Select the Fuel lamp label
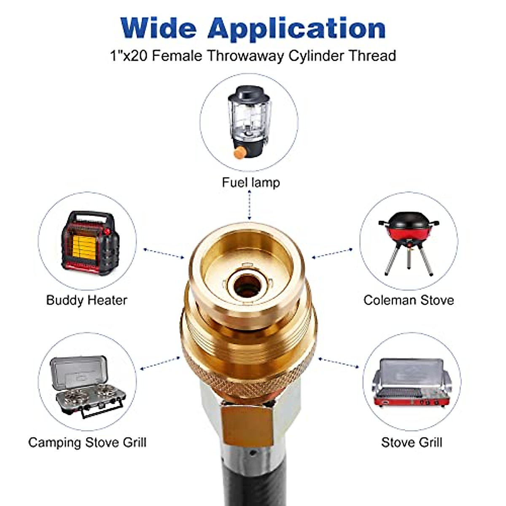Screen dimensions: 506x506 tap(251, 182)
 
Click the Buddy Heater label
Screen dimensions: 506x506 tap(86, 300)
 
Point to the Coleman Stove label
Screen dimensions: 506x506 tap(409, 300)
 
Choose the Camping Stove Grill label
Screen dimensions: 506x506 tap(87, 442)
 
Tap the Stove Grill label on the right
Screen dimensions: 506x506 tap(412, 442)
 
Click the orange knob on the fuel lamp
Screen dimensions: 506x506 tap(240, 153)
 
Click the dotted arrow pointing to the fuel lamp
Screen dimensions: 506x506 tap(250, 205)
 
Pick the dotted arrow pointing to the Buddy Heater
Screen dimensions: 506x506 tap(164, 253)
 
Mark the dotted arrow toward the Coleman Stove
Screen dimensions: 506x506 tap(332, 253)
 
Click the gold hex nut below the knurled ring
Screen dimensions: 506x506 tap(247, 422)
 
